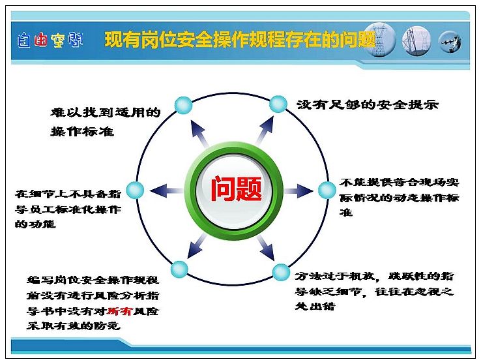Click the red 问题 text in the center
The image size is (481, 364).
tap(236, 189)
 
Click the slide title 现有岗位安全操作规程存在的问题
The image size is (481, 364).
tap(241, 40)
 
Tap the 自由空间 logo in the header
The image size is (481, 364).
tap(50, 40)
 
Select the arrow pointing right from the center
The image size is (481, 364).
tap(299, 191)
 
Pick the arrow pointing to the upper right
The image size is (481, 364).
tap(265, 130)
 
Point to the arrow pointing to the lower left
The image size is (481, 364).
tap(197, 245)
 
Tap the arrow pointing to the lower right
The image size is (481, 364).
tap(266, 248)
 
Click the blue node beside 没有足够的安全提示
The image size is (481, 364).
tap(278, 104)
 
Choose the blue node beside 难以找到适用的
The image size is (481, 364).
tap(183, 105)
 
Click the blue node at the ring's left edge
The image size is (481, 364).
tap(135, 190)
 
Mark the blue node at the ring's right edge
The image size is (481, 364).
tap(327, 190)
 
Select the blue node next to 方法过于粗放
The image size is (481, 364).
tap(281, 272)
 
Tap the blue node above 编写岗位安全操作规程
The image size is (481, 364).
tap(179, 269)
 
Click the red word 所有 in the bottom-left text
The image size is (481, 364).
tap(119, 311)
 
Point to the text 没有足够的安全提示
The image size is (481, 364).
tap(368, 104)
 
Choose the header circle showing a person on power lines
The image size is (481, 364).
tap(450, 42)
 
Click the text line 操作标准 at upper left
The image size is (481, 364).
tap(83, 131)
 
